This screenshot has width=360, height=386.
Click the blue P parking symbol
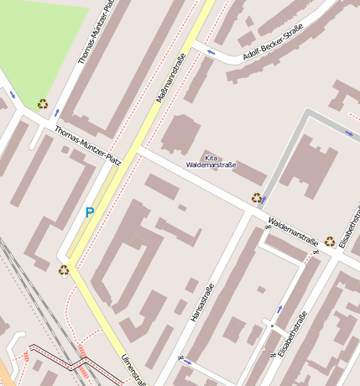pos(89,213)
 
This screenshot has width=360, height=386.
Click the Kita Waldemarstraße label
pos(211,161)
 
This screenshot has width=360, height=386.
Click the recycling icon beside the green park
pos(42,104)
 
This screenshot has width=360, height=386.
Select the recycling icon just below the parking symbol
pos(63,269)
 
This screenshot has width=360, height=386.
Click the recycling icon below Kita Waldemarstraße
pos(256,198)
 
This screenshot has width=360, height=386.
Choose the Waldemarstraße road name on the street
pos(293,234)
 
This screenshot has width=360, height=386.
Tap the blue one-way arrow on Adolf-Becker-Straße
pos(211,53)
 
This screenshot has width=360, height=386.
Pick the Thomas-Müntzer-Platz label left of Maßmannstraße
pos(88,145)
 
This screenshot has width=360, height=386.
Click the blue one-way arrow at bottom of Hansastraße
pos(186,363)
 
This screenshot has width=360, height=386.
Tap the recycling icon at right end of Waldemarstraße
pos(330,242)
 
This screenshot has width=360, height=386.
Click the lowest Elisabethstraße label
pos(295,333)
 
